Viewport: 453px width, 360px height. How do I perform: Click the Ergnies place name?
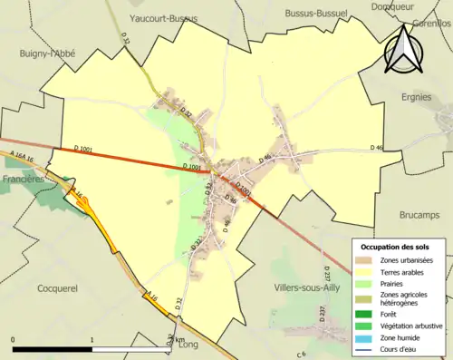click(x=418, y=96)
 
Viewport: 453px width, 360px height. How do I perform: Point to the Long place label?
click(x=188, y=345)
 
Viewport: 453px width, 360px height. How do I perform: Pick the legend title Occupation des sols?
click(x=396, y=247)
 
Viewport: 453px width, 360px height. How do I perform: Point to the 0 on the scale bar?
click(x=14, y=338)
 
